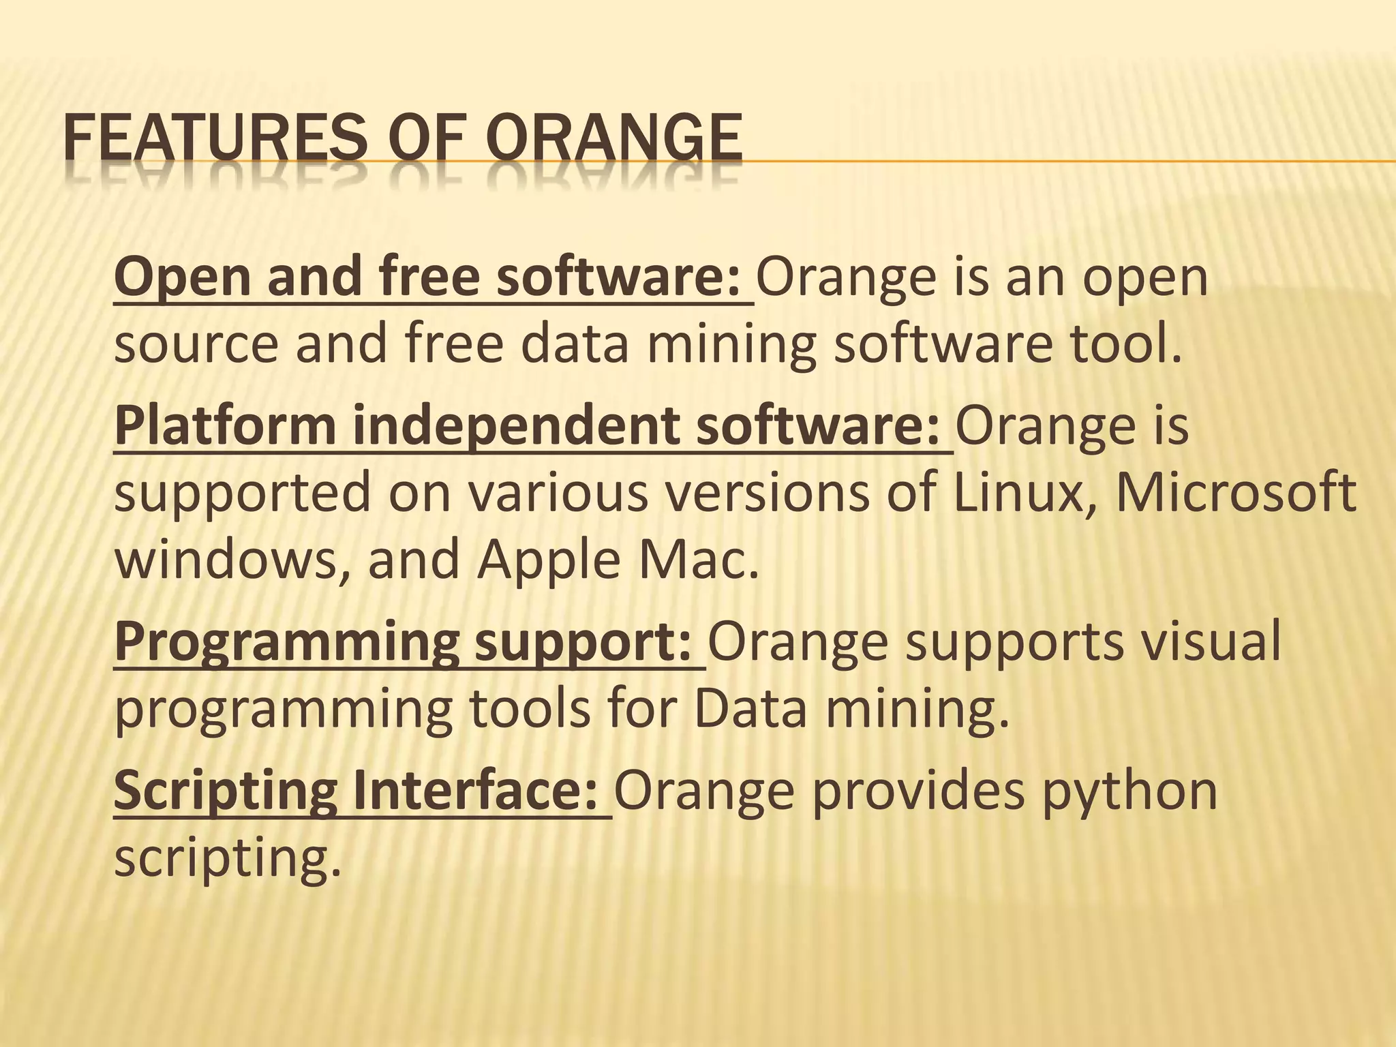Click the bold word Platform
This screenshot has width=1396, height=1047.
click(225, 427)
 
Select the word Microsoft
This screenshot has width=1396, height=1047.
click(1235, 494)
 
